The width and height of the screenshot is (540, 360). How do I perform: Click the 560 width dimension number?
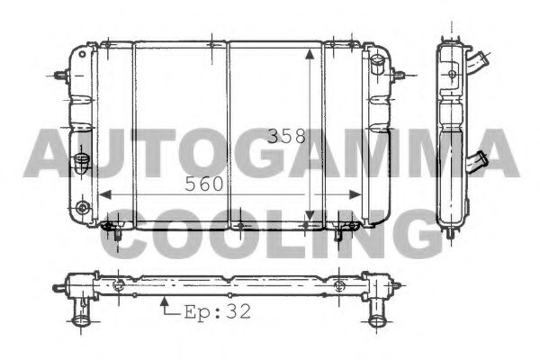click(x=203, y=184)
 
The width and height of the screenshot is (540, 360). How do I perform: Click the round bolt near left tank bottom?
click(x=84, y=209)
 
